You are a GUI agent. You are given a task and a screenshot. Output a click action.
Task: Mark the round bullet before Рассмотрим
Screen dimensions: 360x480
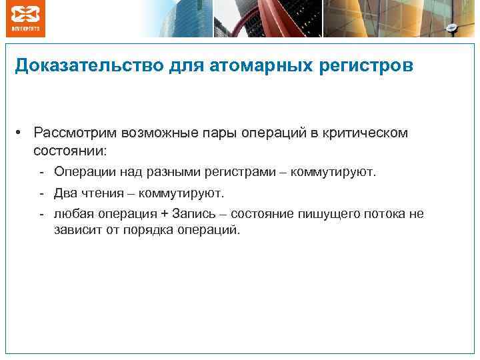tap(21, 132)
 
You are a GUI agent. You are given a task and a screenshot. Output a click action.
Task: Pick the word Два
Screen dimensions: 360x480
tap(66, 193)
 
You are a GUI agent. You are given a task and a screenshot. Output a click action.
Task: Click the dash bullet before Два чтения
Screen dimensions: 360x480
tap(41, 193)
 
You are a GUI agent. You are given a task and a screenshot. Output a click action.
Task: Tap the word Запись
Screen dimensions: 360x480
tap(191, 214)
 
